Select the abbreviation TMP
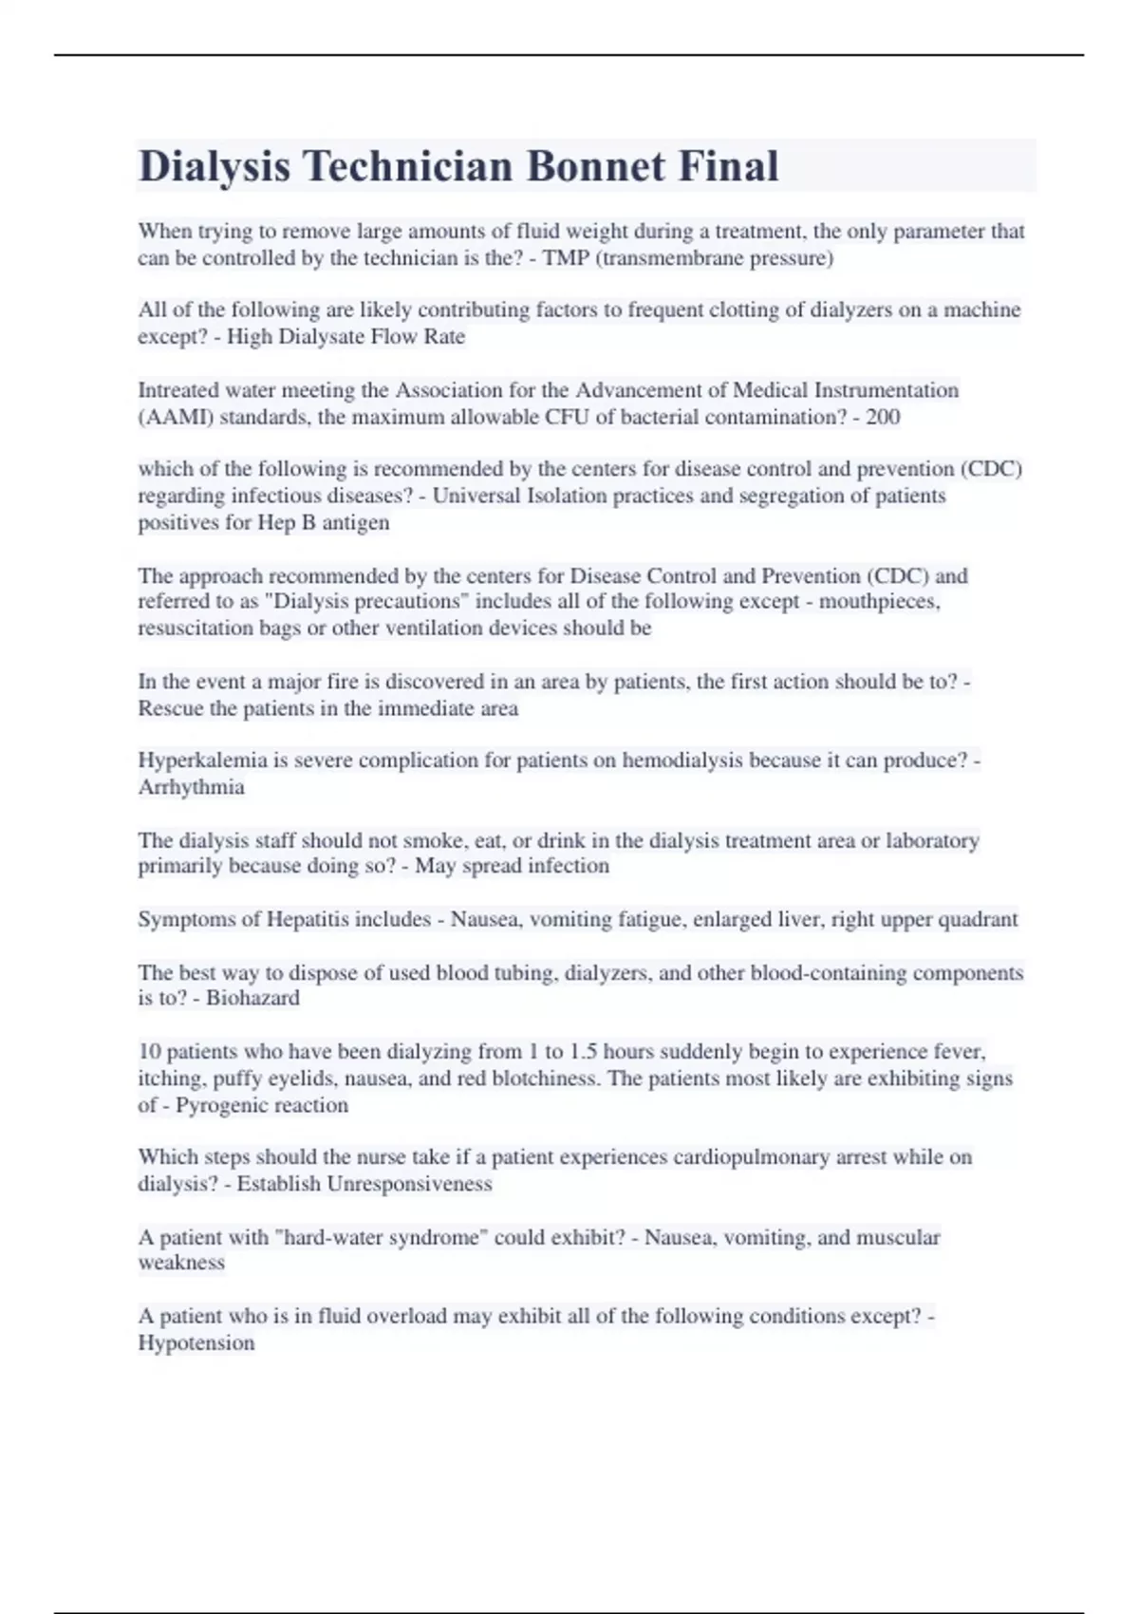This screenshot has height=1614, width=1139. coord(565,258)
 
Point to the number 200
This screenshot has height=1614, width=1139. coord(883,417)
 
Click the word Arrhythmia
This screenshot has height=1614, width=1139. coord(191,787)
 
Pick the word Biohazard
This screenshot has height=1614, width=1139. coord(252,998)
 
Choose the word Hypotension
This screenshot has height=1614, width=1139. coord(196,1343)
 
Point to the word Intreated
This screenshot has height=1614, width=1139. coord(177,390)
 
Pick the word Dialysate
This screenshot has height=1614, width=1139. coord(320,337)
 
